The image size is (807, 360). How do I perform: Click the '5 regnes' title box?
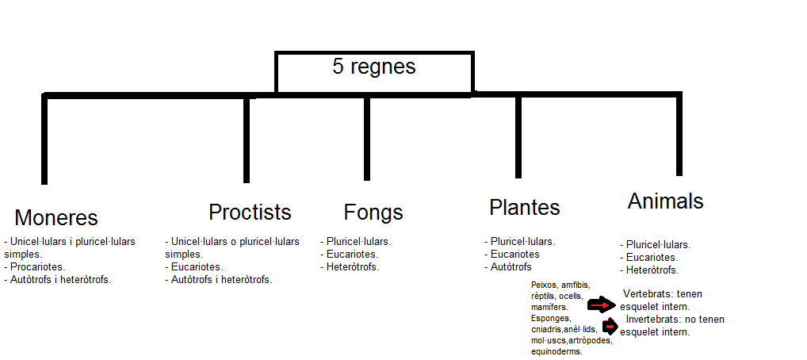373,72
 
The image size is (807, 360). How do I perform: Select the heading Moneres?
56,218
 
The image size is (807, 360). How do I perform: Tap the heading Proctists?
250,213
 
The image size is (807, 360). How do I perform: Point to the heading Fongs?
373,213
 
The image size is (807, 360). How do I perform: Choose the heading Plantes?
524,208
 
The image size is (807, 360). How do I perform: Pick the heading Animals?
665,201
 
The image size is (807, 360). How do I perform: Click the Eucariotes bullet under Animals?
652,258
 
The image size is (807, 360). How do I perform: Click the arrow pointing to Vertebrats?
602,304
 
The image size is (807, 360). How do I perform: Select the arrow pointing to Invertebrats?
610,326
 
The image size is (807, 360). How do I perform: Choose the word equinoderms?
556,351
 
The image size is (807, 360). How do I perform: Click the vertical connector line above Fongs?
366,138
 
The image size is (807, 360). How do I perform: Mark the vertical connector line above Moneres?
45,140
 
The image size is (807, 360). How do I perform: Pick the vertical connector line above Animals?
679,135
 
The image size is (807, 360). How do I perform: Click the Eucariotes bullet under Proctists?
197,267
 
